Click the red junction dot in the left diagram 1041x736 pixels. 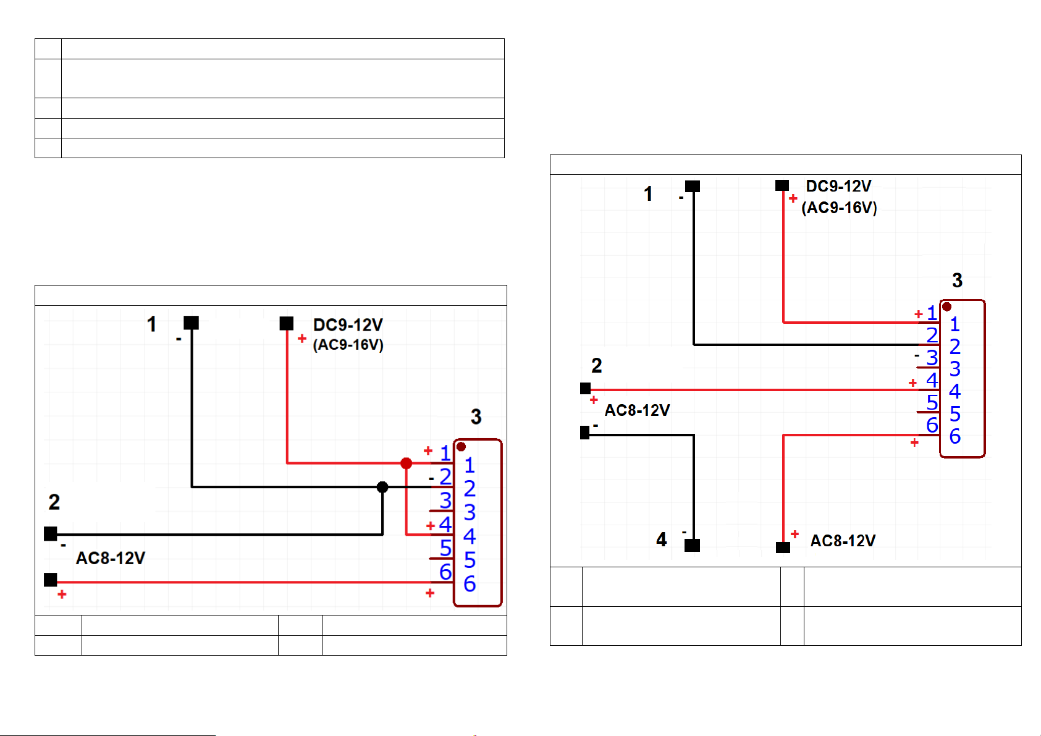[406, 463]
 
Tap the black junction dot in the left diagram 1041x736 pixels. [382, 487]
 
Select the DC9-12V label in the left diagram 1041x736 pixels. [348, 325]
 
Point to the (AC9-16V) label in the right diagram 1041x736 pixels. [840, 208]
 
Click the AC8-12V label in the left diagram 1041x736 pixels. [111, 558]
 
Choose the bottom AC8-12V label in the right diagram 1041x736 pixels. [843, 541]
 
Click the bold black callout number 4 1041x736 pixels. [661, 539]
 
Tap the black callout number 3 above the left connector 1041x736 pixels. [476, 417]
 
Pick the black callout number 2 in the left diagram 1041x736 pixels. [54, 502]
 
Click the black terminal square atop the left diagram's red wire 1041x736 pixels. [286, 323]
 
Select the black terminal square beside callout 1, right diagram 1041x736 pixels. [693, 187]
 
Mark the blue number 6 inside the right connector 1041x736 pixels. [955, 436]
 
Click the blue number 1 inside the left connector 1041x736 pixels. [470, 465]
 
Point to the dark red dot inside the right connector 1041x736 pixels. [946, 307]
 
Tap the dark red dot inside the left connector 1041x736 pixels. [461, 447]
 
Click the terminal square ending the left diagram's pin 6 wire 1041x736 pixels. [51, 580]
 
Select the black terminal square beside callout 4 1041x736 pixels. [693, 545]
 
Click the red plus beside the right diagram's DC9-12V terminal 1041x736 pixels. [793, 198]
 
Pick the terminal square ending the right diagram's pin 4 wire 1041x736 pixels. [586, 388]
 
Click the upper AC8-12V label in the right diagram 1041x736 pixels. [637, 410]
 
